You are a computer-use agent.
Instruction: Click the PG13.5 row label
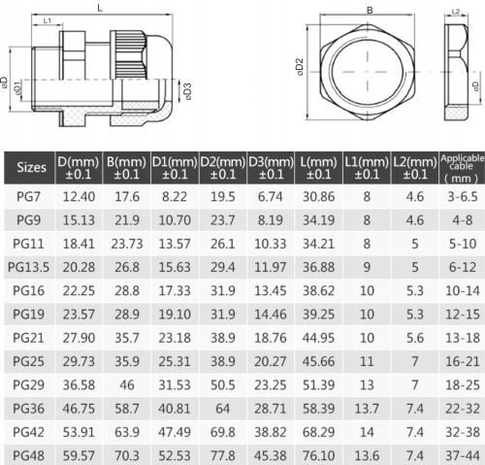(28, 267)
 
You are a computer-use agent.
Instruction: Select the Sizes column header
(31, 167)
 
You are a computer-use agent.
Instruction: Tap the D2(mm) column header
(223, 168)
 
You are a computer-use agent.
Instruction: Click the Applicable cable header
(463, 168)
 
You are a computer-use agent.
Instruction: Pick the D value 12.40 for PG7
(79, 197)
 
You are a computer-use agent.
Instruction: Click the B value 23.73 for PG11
(127, 244)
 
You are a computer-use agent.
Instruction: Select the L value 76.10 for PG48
(318, 455)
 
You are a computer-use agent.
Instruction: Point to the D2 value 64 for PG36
(223, 409)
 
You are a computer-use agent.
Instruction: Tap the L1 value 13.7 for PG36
(367, 409)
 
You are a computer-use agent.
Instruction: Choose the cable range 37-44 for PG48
(463, 455)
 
